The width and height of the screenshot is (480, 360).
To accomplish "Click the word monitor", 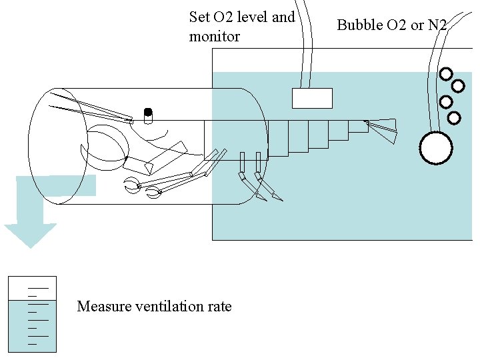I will pos(214,37).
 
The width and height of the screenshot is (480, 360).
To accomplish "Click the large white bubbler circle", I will pos(436,148).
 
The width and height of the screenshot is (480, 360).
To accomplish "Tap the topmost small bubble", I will pos(445,73).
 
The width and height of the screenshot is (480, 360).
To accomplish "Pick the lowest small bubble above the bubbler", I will pos(453,118).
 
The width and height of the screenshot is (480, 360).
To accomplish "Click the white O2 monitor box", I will pos(312,98).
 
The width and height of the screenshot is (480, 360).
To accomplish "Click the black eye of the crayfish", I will pos(148,111).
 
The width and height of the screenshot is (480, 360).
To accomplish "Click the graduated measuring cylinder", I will pos(31,314).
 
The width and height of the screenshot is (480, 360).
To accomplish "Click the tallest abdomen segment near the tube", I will pos(277,138).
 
